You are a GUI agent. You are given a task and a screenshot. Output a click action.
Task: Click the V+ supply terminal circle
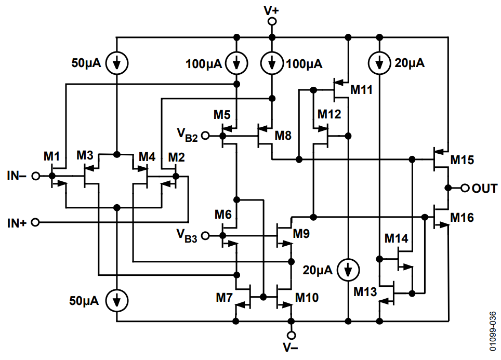coord(271,21)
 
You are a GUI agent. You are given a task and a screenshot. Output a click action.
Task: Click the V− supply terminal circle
coord(291,336)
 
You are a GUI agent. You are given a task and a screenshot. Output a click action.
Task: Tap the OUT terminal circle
coord(465,188)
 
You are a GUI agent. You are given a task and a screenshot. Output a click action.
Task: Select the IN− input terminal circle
coord(35,176)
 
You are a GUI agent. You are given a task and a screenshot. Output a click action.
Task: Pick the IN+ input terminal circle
coord(35,223)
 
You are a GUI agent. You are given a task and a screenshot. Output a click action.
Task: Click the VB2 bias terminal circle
coord(205,136)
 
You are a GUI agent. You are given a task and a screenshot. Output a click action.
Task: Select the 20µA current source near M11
coord(380,63)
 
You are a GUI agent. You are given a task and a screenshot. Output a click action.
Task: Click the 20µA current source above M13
coord(348,269)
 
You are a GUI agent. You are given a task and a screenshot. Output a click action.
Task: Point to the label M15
coord(462,159)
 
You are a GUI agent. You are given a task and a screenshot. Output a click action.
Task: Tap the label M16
coord(462,217)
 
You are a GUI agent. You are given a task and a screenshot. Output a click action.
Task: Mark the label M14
coord(396,238)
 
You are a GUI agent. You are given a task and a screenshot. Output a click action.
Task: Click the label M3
coord(85,155)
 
